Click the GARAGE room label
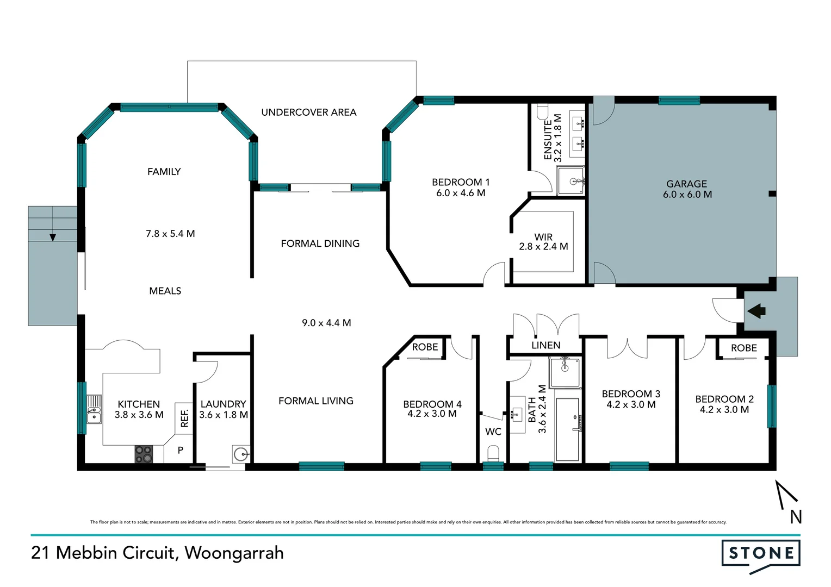(x=686, y=184)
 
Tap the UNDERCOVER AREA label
(x=308, y=113)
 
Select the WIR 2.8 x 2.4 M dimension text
(x=543, y=247)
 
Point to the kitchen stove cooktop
(x=144, y=454)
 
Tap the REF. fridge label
(x=184, y=417)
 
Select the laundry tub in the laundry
(x=240, y=453)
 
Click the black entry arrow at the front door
(x=756, y=311)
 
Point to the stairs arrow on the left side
(x=53, y=237)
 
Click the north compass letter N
(x=796, y=517)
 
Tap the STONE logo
(x=760, y=554)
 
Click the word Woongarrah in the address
(x=234, y=553)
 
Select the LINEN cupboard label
(x=545, y=345)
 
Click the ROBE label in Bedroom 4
(x=425, y=347)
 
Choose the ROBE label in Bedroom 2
(x=743, y=348)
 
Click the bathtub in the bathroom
(x=567, y=429)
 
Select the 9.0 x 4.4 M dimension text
(x=326, y=323)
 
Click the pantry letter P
(x=181, y=450)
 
